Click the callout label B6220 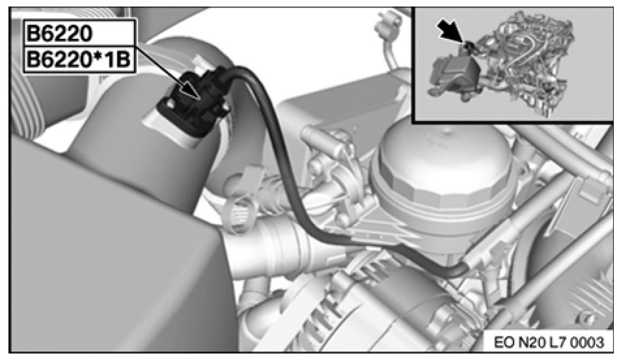tap(59, 34)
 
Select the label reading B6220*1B tap(79, 60)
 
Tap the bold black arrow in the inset tap(452, 31)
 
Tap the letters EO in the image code tap(503, 342)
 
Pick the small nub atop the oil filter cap tap(446, 129)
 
